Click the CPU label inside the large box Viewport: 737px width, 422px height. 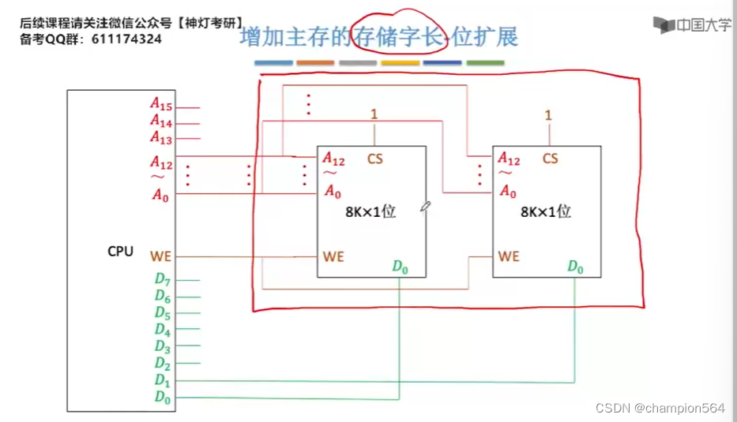(x=121, y=252)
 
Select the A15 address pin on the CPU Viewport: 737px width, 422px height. (x=161, y=104)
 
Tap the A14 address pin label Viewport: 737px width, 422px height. (x=161, y=121)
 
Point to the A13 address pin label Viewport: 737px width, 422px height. (x=161, y=137)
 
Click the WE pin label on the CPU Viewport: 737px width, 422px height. (x=160, y=256)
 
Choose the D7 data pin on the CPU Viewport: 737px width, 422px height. (x=162, y=279)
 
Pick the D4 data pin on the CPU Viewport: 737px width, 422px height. (x=162, y=330)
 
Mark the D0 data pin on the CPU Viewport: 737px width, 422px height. (x=162, y=398)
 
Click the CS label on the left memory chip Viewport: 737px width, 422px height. (x=374, y=159)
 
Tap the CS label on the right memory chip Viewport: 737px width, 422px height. (x=550, y=159)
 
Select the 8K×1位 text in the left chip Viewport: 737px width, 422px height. (x=370, y=212)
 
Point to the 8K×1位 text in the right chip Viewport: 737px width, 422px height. (x=545, y=212)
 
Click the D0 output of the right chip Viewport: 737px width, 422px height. (x=576, y=267)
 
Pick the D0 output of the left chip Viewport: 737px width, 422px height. (x=400, y=267)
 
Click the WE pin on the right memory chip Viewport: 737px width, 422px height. (x=509, y=256)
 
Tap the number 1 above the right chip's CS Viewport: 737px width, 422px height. (x=548, y=115)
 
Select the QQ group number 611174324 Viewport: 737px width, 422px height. (x=126, y=39)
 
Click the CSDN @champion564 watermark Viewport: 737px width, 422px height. (x=660, y=408)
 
